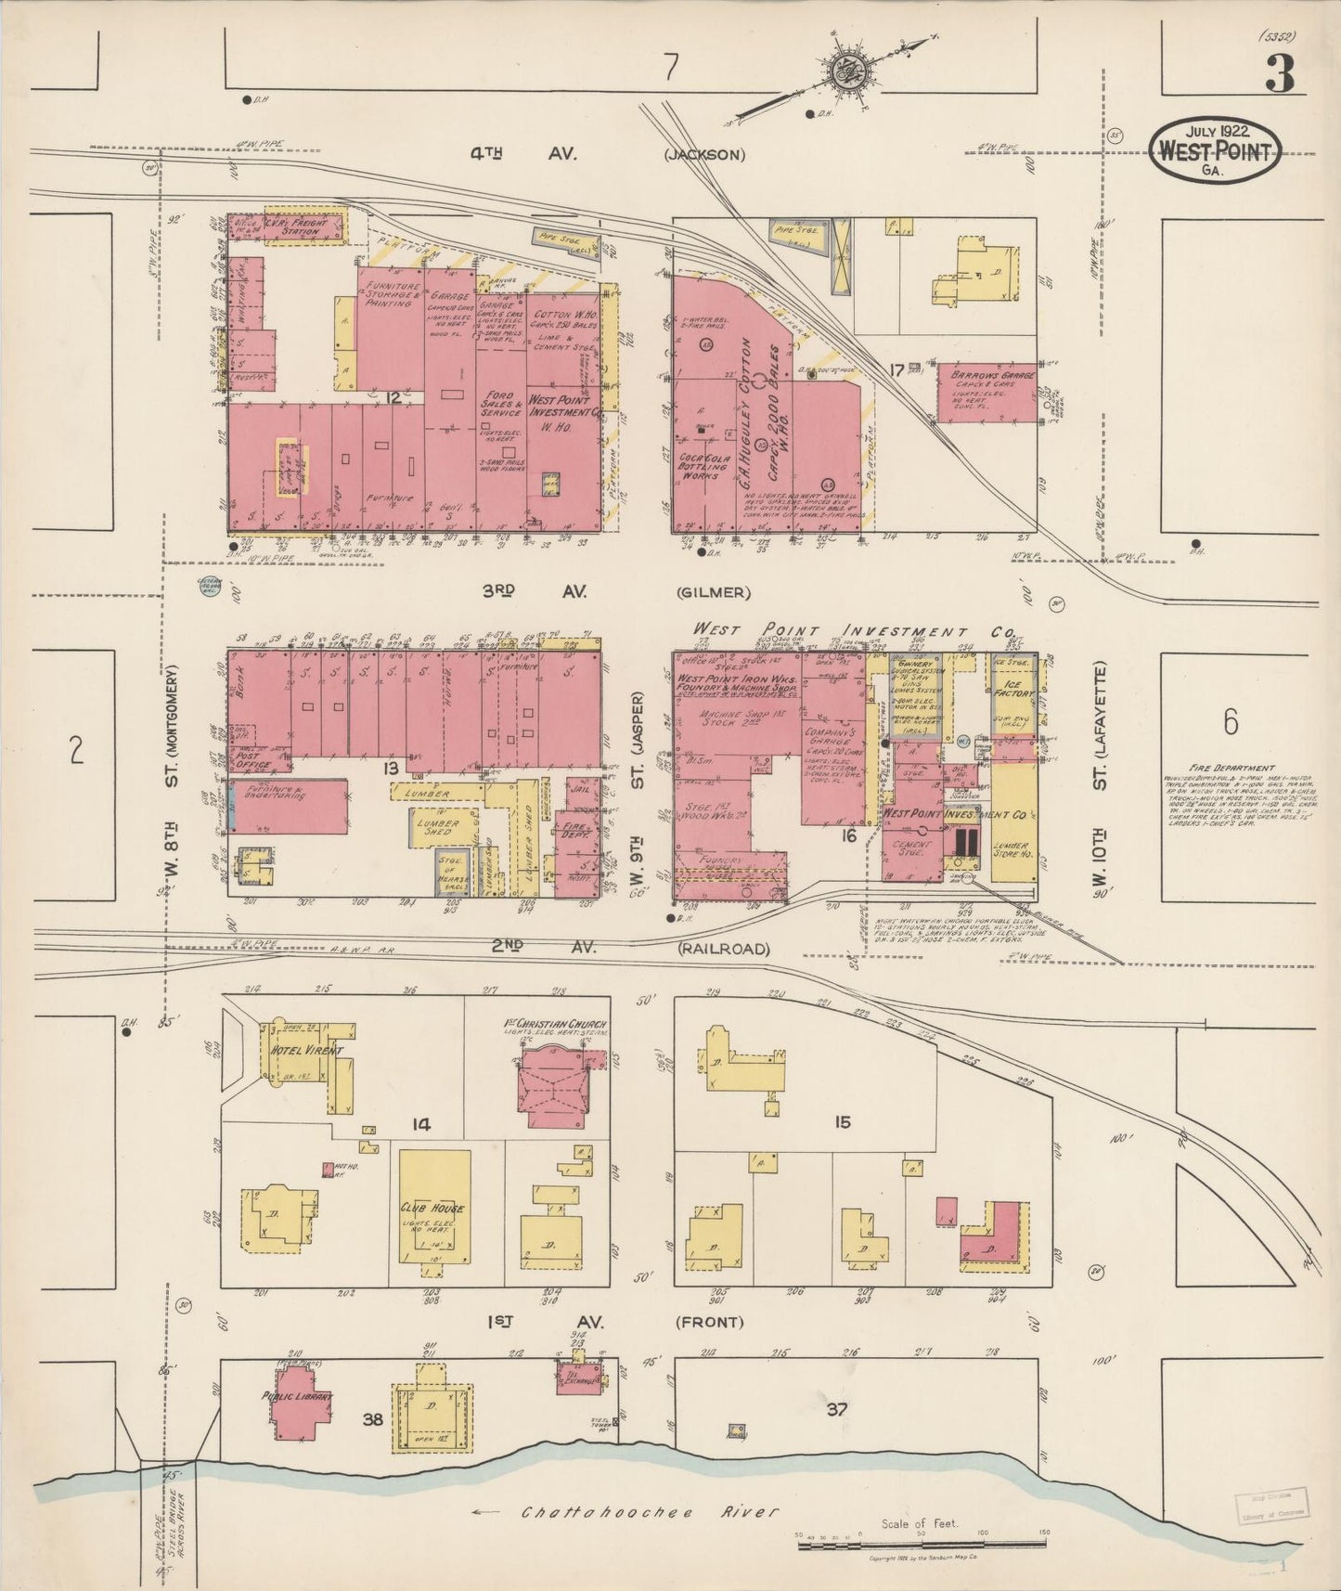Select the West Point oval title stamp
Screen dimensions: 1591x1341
tap(1215, 149)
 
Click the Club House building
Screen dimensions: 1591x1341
tap(433, 1207)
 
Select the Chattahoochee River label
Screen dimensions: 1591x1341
tap(649, 1511)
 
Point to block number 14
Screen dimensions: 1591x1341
tap(422, 1125)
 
